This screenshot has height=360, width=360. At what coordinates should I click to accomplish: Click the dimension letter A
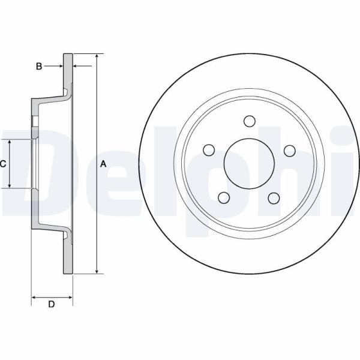[103, 164]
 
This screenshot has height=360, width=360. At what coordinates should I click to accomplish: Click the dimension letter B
[39, 67]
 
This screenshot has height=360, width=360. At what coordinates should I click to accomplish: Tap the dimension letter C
[3, 164]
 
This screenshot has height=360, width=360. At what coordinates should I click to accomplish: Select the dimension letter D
[52, 304]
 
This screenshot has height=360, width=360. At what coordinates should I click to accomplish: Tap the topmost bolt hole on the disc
[250, 121]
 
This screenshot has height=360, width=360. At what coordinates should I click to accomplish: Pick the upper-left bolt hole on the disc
[209, 150]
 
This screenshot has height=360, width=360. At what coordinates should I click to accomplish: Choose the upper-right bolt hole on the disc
[290, 151]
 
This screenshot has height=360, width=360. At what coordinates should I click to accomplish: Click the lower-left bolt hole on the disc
[224, 197]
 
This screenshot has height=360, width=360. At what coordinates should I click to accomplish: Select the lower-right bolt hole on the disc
[274, 198]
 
